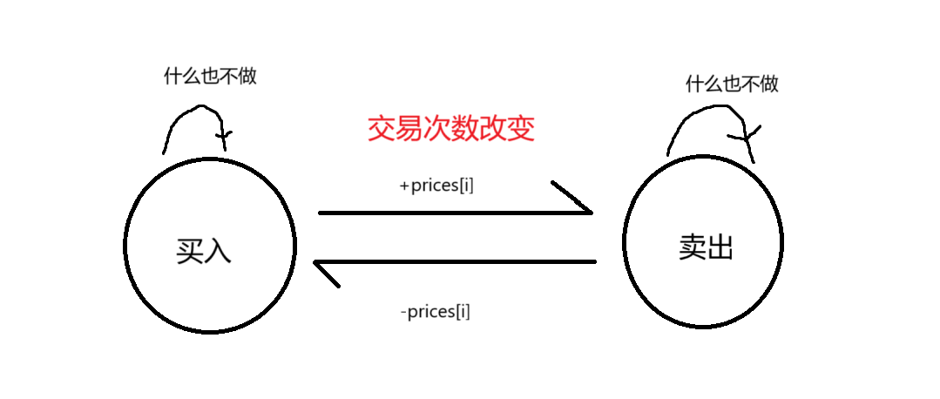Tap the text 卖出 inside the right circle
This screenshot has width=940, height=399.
(707, 247)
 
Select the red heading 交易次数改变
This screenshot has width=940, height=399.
(450, 129)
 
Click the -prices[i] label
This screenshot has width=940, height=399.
(436, 310)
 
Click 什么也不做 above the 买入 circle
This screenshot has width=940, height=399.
(210, 76)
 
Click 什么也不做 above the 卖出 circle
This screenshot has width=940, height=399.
(732, 84)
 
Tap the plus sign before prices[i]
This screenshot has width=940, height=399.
(404, 186)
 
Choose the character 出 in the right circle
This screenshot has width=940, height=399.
(720, 247)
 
